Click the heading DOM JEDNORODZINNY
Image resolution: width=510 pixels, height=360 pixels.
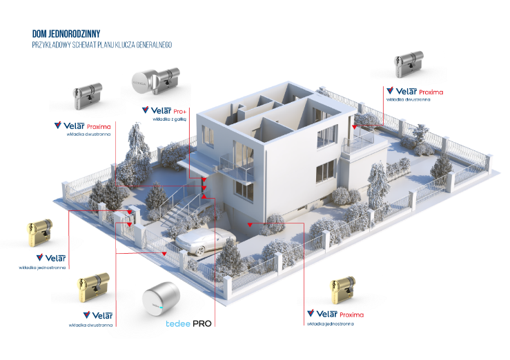tap(66, 34)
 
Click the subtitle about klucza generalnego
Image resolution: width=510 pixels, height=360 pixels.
tap(102, 45)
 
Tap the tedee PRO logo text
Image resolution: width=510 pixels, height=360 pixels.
tap(188, 323)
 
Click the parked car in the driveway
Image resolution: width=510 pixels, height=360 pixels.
tap(205, 241)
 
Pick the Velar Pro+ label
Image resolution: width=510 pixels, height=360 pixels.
tap(164, 111)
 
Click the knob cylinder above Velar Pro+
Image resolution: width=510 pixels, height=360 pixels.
tap(156, 81)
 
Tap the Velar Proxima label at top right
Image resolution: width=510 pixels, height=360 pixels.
tap(415, 91)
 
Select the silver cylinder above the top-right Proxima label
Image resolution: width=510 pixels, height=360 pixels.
tap(409, 64)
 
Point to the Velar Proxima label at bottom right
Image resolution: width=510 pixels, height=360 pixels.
tap(335, 314)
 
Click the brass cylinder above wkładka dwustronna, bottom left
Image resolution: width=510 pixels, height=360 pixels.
tap(93, 287)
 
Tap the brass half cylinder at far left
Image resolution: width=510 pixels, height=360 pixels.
tap(39, 232)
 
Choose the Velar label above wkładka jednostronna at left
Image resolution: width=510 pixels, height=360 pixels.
tap(51, 258)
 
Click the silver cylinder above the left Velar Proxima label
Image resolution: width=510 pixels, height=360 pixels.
tap(88, 96)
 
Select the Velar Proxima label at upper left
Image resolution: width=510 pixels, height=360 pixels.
tap(83, 126)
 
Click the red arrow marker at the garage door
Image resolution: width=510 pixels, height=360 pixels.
tap(250, 225)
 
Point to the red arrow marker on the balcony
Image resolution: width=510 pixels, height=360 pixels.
tap(355, 127)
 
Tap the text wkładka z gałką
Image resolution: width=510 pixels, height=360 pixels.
tap(170, 119)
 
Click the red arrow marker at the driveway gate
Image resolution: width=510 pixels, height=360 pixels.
tap(164, 253)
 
